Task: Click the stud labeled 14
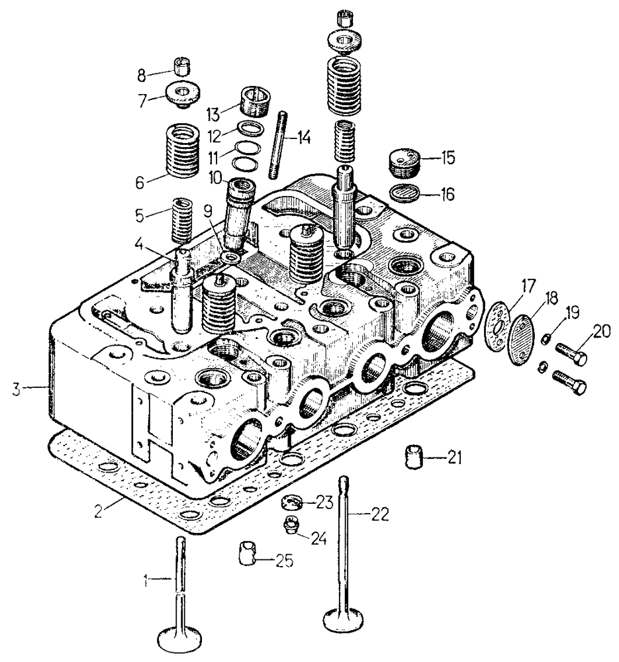277,146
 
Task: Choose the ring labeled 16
402,193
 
